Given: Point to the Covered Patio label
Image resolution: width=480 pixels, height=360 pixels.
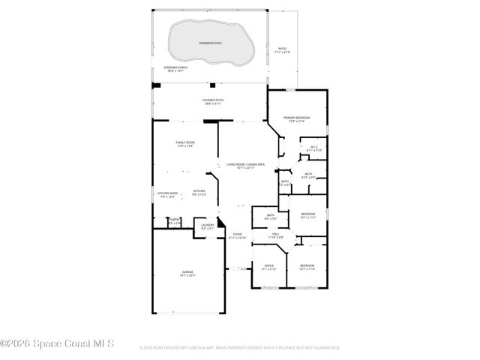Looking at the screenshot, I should point(212,100).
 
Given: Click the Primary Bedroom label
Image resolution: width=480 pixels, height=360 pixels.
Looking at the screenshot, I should point(296,118).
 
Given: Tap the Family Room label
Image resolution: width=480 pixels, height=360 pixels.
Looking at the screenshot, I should point(185,142).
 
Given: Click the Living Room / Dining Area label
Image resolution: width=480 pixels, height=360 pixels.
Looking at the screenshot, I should point(246,165).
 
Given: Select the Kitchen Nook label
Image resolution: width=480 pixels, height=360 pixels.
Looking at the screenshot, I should point(167,193).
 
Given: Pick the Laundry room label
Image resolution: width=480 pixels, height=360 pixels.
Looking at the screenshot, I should point(208,225).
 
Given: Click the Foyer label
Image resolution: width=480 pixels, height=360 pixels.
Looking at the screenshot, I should point(237,235).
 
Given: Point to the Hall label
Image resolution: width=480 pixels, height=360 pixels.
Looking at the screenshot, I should point(276,235).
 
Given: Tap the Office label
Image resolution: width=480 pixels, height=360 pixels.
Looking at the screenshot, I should point(269,266).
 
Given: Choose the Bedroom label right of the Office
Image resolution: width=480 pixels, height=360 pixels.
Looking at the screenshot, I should point(307,266).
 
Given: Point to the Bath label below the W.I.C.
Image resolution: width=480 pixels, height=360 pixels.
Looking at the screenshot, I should point(308,174).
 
